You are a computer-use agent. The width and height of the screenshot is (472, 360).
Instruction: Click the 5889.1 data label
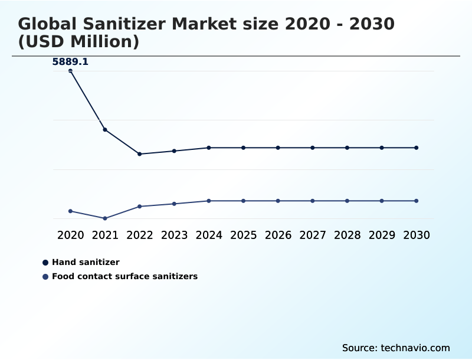point(70,61)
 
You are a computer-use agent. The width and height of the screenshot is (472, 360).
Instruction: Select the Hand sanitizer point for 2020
point(70,71)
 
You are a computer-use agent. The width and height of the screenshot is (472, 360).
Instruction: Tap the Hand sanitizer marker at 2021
point(105,129)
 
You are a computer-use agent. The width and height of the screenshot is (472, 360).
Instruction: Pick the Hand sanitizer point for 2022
point(140,154)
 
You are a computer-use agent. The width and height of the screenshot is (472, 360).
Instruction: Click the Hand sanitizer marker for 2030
point(416,148)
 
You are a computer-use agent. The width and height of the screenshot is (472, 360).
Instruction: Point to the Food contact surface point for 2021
point(105,218)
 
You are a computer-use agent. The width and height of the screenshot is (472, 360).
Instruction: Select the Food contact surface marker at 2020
point(70,211)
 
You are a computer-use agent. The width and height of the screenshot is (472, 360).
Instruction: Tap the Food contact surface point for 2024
point(209,201)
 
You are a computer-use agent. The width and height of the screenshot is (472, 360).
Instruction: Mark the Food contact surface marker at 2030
point(416,201)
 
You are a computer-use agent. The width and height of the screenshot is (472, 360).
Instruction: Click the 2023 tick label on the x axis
point(174,235)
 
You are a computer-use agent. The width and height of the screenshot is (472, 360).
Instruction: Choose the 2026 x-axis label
point(278,235)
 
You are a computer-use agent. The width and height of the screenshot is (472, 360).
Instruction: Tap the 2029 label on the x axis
point(382,235)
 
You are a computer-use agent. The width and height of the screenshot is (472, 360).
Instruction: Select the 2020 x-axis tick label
point(70,235)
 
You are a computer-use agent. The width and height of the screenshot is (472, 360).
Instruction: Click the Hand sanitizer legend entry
point(86,262)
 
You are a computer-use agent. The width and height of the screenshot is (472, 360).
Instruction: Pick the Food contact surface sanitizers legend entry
point(124,276)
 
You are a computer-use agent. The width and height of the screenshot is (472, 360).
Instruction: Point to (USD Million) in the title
point(78,42)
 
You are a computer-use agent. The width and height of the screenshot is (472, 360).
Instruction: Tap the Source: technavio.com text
point(396,348)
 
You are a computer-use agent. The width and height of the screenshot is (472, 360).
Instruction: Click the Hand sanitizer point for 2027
point(313,148)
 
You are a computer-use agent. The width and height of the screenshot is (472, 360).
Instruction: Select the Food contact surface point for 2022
point(140,206)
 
